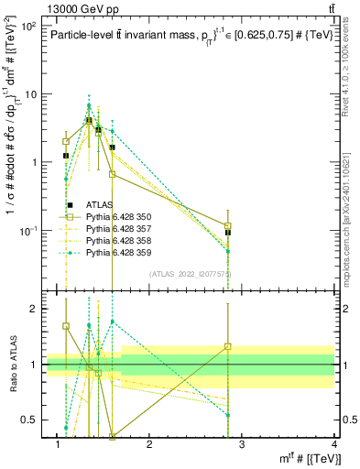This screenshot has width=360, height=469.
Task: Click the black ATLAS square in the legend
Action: (x=70, y=204)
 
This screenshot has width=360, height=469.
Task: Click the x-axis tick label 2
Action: (x=149, y=445)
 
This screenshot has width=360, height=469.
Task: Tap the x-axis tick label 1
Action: (x=57, y=445)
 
